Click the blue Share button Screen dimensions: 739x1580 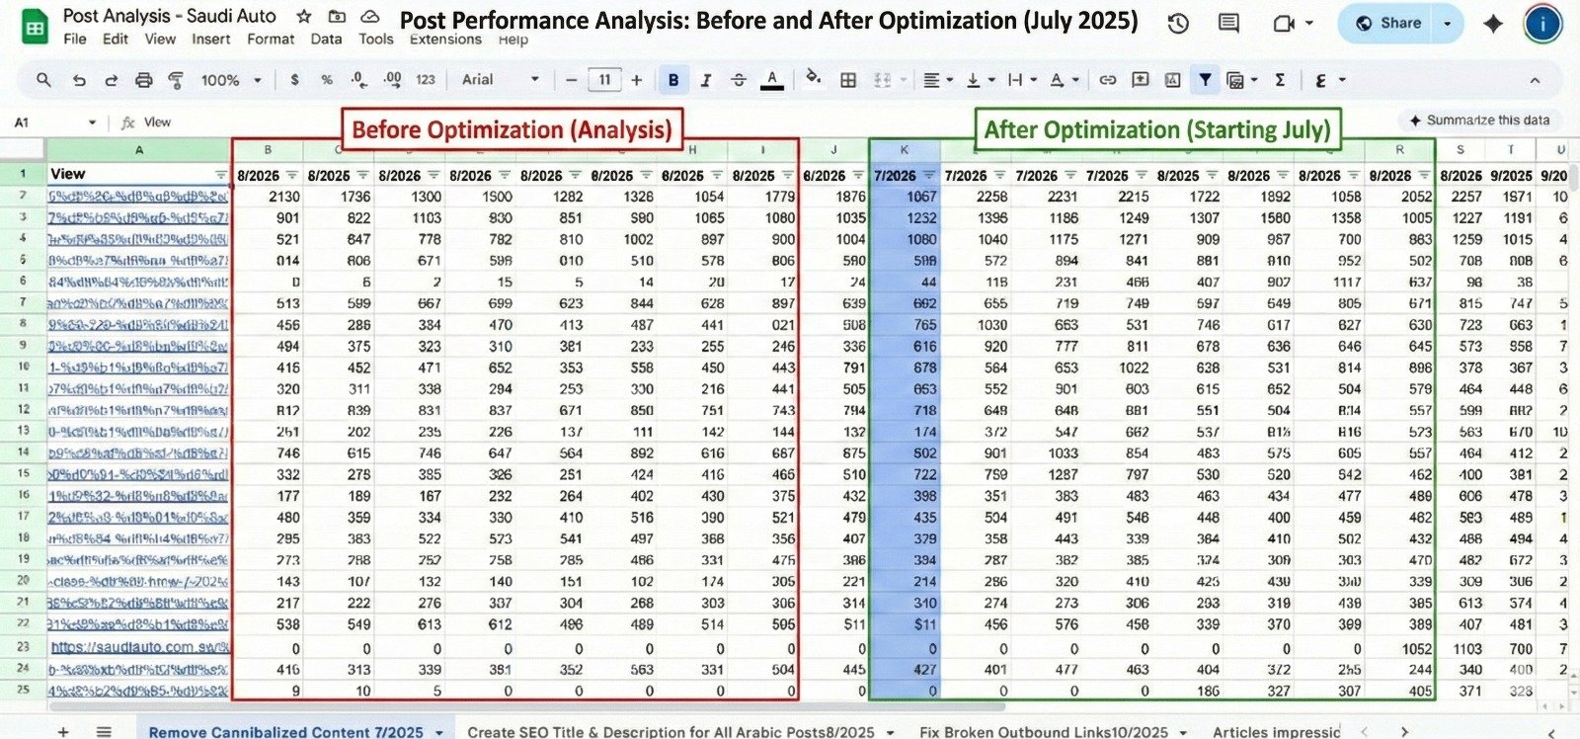pos(1388,24)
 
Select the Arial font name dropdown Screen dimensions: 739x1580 pos(501,80)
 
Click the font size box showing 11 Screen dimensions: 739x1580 pos(604,80)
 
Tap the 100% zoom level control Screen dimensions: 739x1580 pos(230,80)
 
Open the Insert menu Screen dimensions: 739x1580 pos(210,40)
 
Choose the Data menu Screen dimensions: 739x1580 pos(326,40)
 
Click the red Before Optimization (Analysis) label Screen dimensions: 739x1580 pos(512,129)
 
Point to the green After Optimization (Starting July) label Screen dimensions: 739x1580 pos(1157,129)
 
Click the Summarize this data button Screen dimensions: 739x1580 pos(1478,121)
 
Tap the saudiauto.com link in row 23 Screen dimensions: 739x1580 pos(139,648)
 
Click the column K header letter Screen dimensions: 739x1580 pos(904,150)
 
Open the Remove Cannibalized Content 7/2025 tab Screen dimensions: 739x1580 pos(285,731)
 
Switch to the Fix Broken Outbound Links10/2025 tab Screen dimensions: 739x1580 pos(1043,731)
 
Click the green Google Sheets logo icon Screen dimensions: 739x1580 pos(35,28)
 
